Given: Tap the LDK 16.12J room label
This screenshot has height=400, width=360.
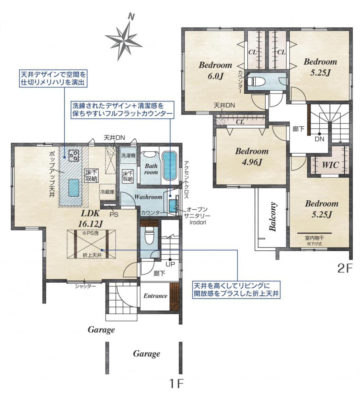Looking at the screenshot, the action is [90, 219].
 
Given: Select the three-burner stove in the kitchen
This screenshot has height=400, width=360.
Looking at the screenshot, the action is [74, 155].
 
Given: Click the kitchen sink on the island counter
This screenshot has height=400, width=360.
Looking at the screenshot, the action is [74, 188].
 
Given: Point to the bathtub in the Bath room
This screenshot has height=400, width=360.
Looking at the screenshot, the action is [169, 166].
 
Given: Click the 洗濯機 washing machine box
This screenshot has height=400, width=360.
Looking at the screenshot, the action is [128, 155].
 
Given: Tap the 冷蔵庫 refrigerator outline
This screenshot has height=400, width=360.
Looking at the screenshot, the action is [107, 192].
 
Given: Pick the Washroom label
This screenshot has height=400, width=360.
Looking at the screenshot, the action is [148, 197].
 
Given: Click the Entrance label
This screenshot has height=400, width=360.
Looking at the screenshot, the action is [155, 296].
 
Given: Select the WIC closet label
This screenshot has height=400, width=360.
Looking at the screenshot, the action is [330, 165].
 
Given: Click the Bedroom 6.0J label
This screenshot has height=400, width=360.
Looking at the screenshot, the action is [215, 70].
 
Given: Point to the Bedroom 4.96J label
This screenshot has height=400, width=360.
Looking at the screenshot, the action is [252, 157].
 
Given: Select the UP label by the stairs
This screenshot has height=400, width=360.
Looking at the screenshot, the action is [170, 264].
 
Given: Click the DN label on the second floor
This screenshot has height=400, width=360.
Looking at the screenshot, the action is [319, 139].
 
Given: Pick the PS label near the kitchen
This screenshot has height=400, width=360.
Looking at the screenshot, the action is [114, 214].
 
